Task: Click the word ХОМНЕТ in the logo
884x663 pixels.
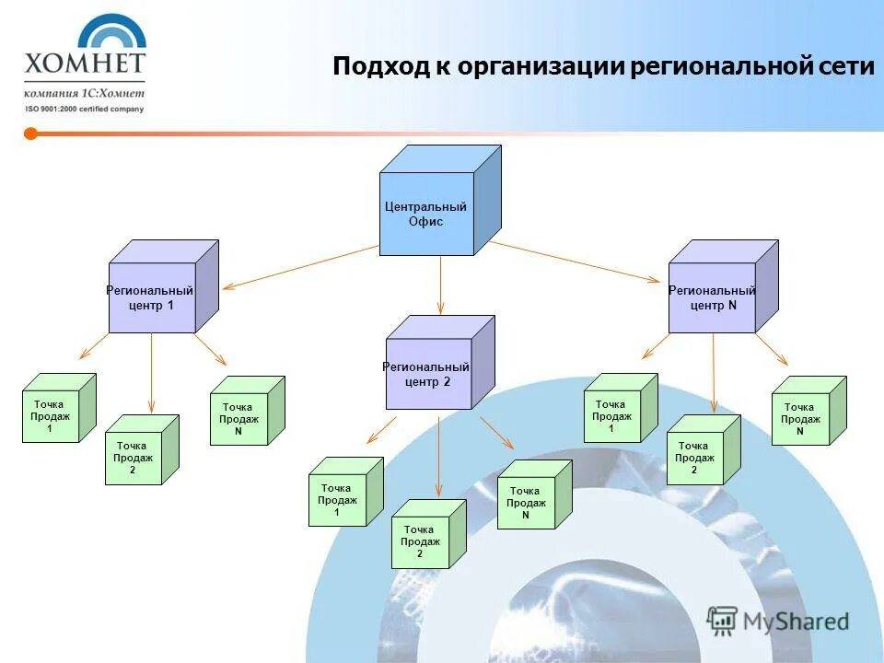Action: point(85,64)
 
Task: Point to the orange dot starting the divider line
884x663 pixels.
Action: point(30,134)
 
